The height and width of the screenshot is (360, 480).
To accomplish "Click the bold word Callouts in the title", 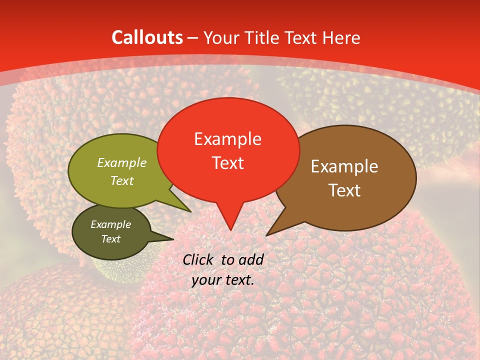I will [147, 38].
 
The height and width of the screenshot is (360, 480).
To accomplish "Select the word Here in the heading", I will [339, 38].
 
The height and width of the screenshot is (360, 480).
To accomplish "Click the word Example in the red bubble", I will [227, 139].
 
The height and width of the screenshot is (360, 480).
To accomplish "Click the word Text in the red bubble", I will [227, 163].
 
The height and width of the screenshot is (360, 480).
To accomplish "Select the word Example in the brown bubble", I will [344, 166].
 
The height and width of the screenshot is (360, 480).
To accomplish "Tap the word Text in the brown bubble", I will [344, 190].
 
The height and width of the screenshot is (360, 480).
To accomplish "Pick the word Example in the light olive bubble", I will [121, 163].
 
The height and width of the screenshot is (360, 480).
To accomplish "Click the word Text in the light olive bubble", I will [121, 180].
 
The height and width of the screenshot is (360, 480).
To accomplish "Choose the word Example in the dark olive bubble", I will [110, 224].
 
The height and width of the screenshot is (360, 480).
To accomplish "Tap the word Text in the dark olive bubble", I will [110, 239].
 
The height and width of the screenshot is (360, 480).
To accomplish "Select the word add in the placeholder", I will [252, 259].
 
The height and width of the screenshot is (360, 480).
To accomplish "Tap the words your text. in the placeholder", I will [223, 280].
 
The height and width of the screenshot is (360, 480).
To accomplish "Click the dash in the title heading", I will [193, 38].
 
